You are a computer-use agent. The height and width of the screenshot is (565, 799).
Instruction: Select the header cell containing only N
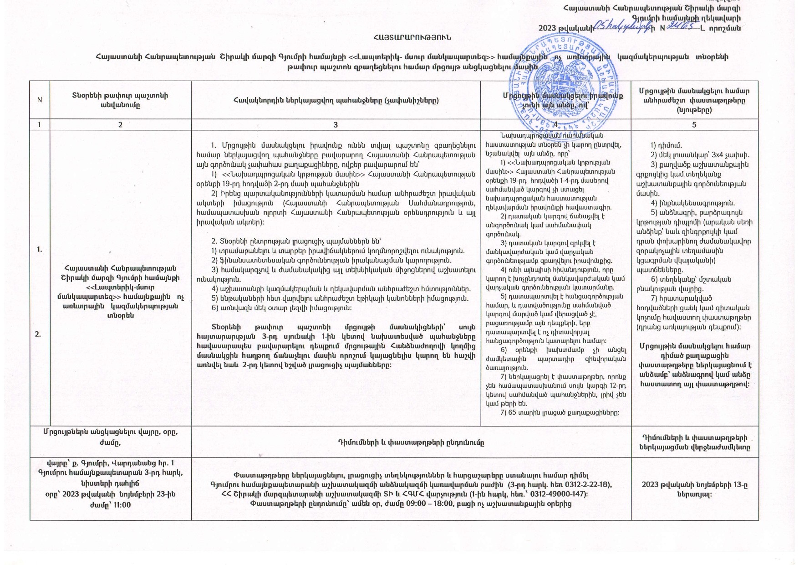tap(40, 100)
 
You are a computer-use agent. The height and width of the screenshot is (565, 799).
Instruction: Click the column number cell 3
tap(336, 125)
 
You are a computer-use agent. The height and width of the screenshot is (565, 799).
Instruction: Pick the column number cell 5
tap(694, 125)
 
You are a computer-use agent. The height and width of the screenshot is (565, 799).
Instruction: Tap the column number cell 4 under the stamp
tap(555, 124)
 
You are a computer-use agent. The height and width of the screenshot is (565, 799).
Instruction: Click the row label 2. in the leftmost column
tap(37, 334)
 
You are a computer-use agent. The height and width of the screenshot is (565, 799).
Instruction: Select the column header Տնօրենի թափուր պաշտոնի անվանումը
tap(120, 100)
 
